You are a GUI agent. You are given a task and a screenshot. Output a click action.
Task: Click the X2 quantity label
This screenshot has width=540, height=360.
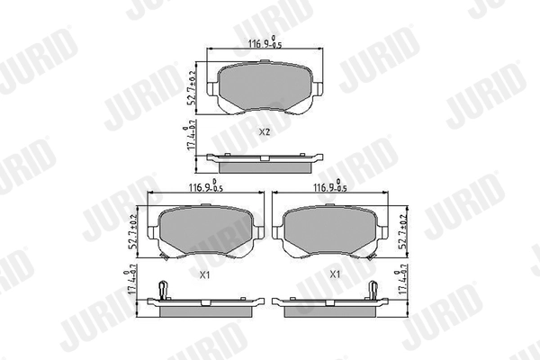click(264, 131)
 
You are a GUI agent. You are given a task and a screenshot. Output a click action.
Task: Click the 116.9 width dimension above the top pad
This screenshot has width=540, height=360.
click(261, 42)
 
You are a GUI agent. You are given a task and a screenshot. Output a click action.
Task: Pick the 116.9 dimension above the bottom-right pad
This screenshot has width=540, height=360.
click(329, 189)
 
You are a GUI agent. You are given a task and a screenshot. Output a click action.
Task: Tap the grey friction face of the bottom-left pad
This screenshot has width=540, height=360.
click(205, 231)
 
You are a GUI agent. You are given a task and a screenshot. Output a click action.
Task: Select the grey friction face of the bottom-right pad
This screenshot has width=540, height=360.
click(332, 231)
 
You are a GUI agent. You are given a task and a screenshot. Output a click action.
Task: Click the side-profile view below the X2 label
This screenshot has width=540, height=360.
click(263, 162)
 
